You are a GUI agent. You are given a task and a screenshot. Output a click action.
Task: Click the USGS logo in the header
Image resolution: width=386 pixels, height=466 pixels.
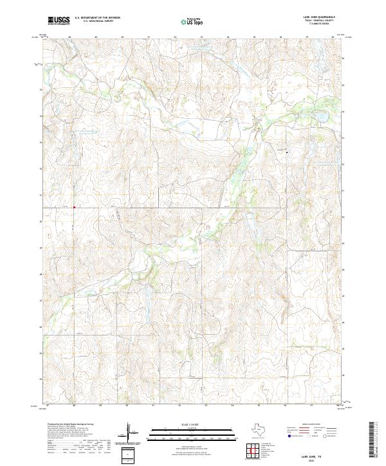59,21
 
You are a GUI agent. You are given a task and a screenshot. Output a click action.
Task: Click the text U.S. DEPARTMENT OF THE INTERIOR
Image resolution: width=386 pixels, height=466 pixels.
97,18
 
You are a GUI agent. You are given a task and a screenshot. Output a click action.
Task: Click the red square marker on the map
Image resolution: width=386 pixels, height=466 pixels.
74,207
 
